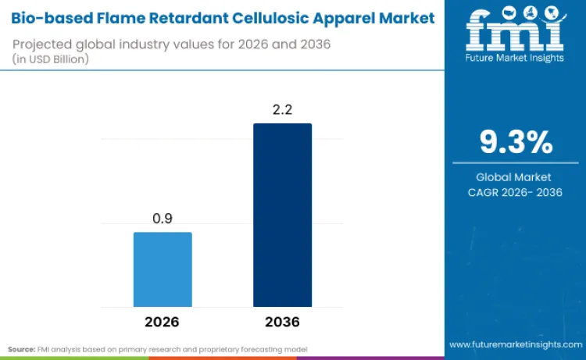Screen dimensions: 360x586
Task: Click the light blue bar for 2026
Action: (x=163, y=269)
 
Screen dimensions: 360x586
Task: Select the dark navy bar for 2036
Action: (x=282, y=215)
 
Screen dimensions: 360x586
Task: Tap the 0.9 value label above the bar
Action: (x=163, y=219)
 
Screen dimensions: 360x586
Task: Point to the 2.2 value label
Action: (x=282, y=110)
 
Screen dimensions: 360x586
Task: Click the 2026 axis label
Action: (x=163, y=321)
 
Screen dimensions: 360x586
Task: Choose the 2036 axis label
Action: (x=282, y=321)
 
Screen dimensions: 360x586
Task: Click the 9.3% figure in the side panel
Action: (x=516, y=143)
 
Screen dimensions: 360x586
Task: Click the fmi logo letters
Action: (x=515, y=30)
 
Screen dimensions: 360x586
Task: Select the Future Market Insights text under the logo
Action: (x=515, y=58)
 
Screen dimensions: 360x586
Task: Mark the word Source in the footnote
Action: (x=21, y=348)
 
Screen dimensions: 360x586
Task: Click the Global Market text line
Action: (x=516, y=177)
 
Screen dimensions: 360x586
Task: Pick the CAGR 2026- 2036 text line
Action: (x=516, y=192)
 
